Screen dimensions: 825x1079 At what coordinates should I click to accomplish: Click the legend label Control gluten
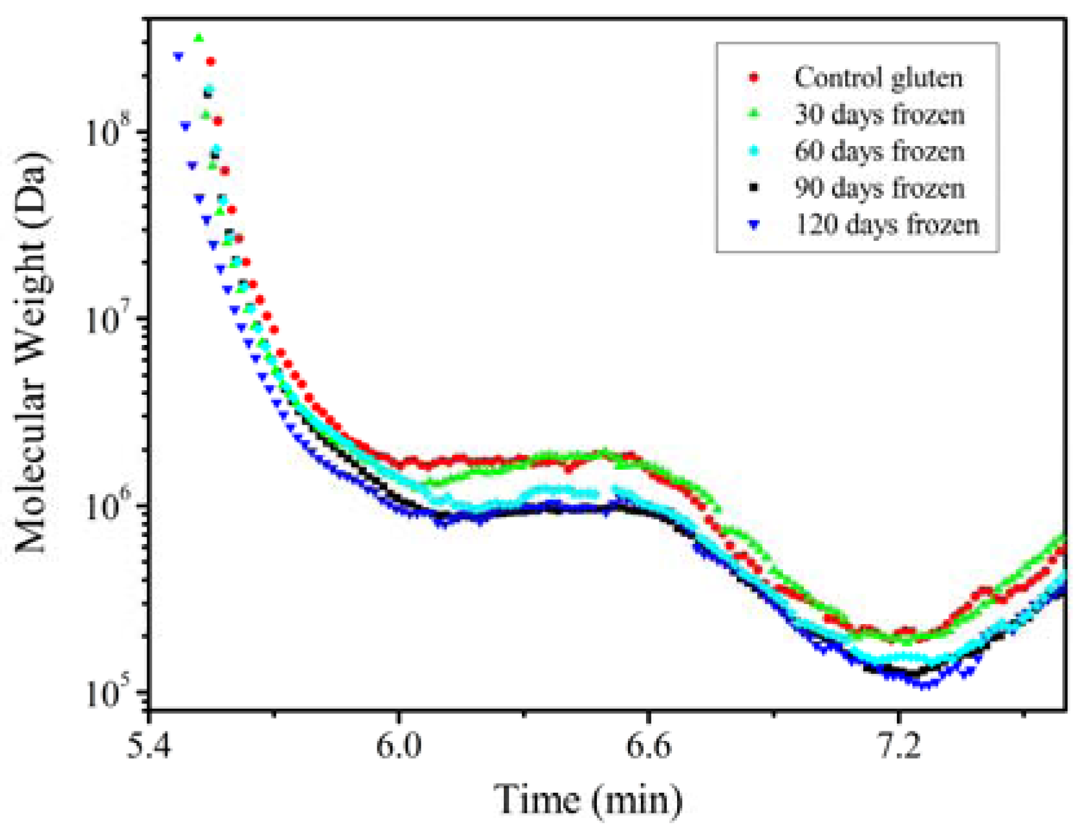click(878, 78)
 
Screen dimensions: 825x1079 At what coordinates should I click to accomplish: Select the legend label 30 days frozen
click(879, 115)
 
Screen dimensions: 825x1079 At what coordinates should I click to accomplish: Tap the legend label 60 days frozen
click(879, 152)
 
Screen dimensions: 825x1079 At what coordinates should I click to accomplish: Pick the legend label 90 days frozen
click(879, 189)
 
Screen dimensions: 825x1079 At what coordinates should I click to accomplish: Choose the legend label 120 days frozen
click(886, 225)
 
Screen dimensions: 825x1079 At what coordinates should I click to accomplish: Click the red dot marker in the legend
click(753, 78)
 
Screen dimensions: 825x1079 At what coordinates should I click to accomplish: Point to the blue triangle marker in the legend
click(753, 225)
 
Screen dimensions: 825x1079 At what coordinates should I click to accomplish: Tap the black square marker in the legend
click(753, 188)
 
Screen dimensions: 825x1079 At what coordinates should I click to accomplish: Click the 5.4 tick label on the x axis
click(149, 747)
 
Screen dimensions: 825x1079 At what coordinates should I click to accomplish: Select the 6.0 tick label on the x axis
click(399, 747)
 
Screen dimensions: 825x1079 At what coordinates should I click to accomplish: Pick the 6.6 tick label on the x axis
click(648, 747)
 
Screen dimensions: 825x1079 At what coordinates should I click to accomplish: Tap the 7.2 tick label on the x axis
click(897, 747)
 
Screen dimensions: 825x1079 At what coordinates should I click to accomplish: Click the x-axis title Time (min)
click(588, 799)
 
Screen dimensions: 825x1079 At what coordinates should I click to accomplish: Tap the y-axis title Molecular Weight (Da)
click(31, 352)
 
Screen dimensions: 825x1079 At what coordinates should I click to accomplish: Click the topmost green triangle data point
click(199, 38)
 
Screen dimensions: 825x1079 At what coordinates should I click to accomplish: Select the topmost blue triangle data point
click(178, 57)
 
